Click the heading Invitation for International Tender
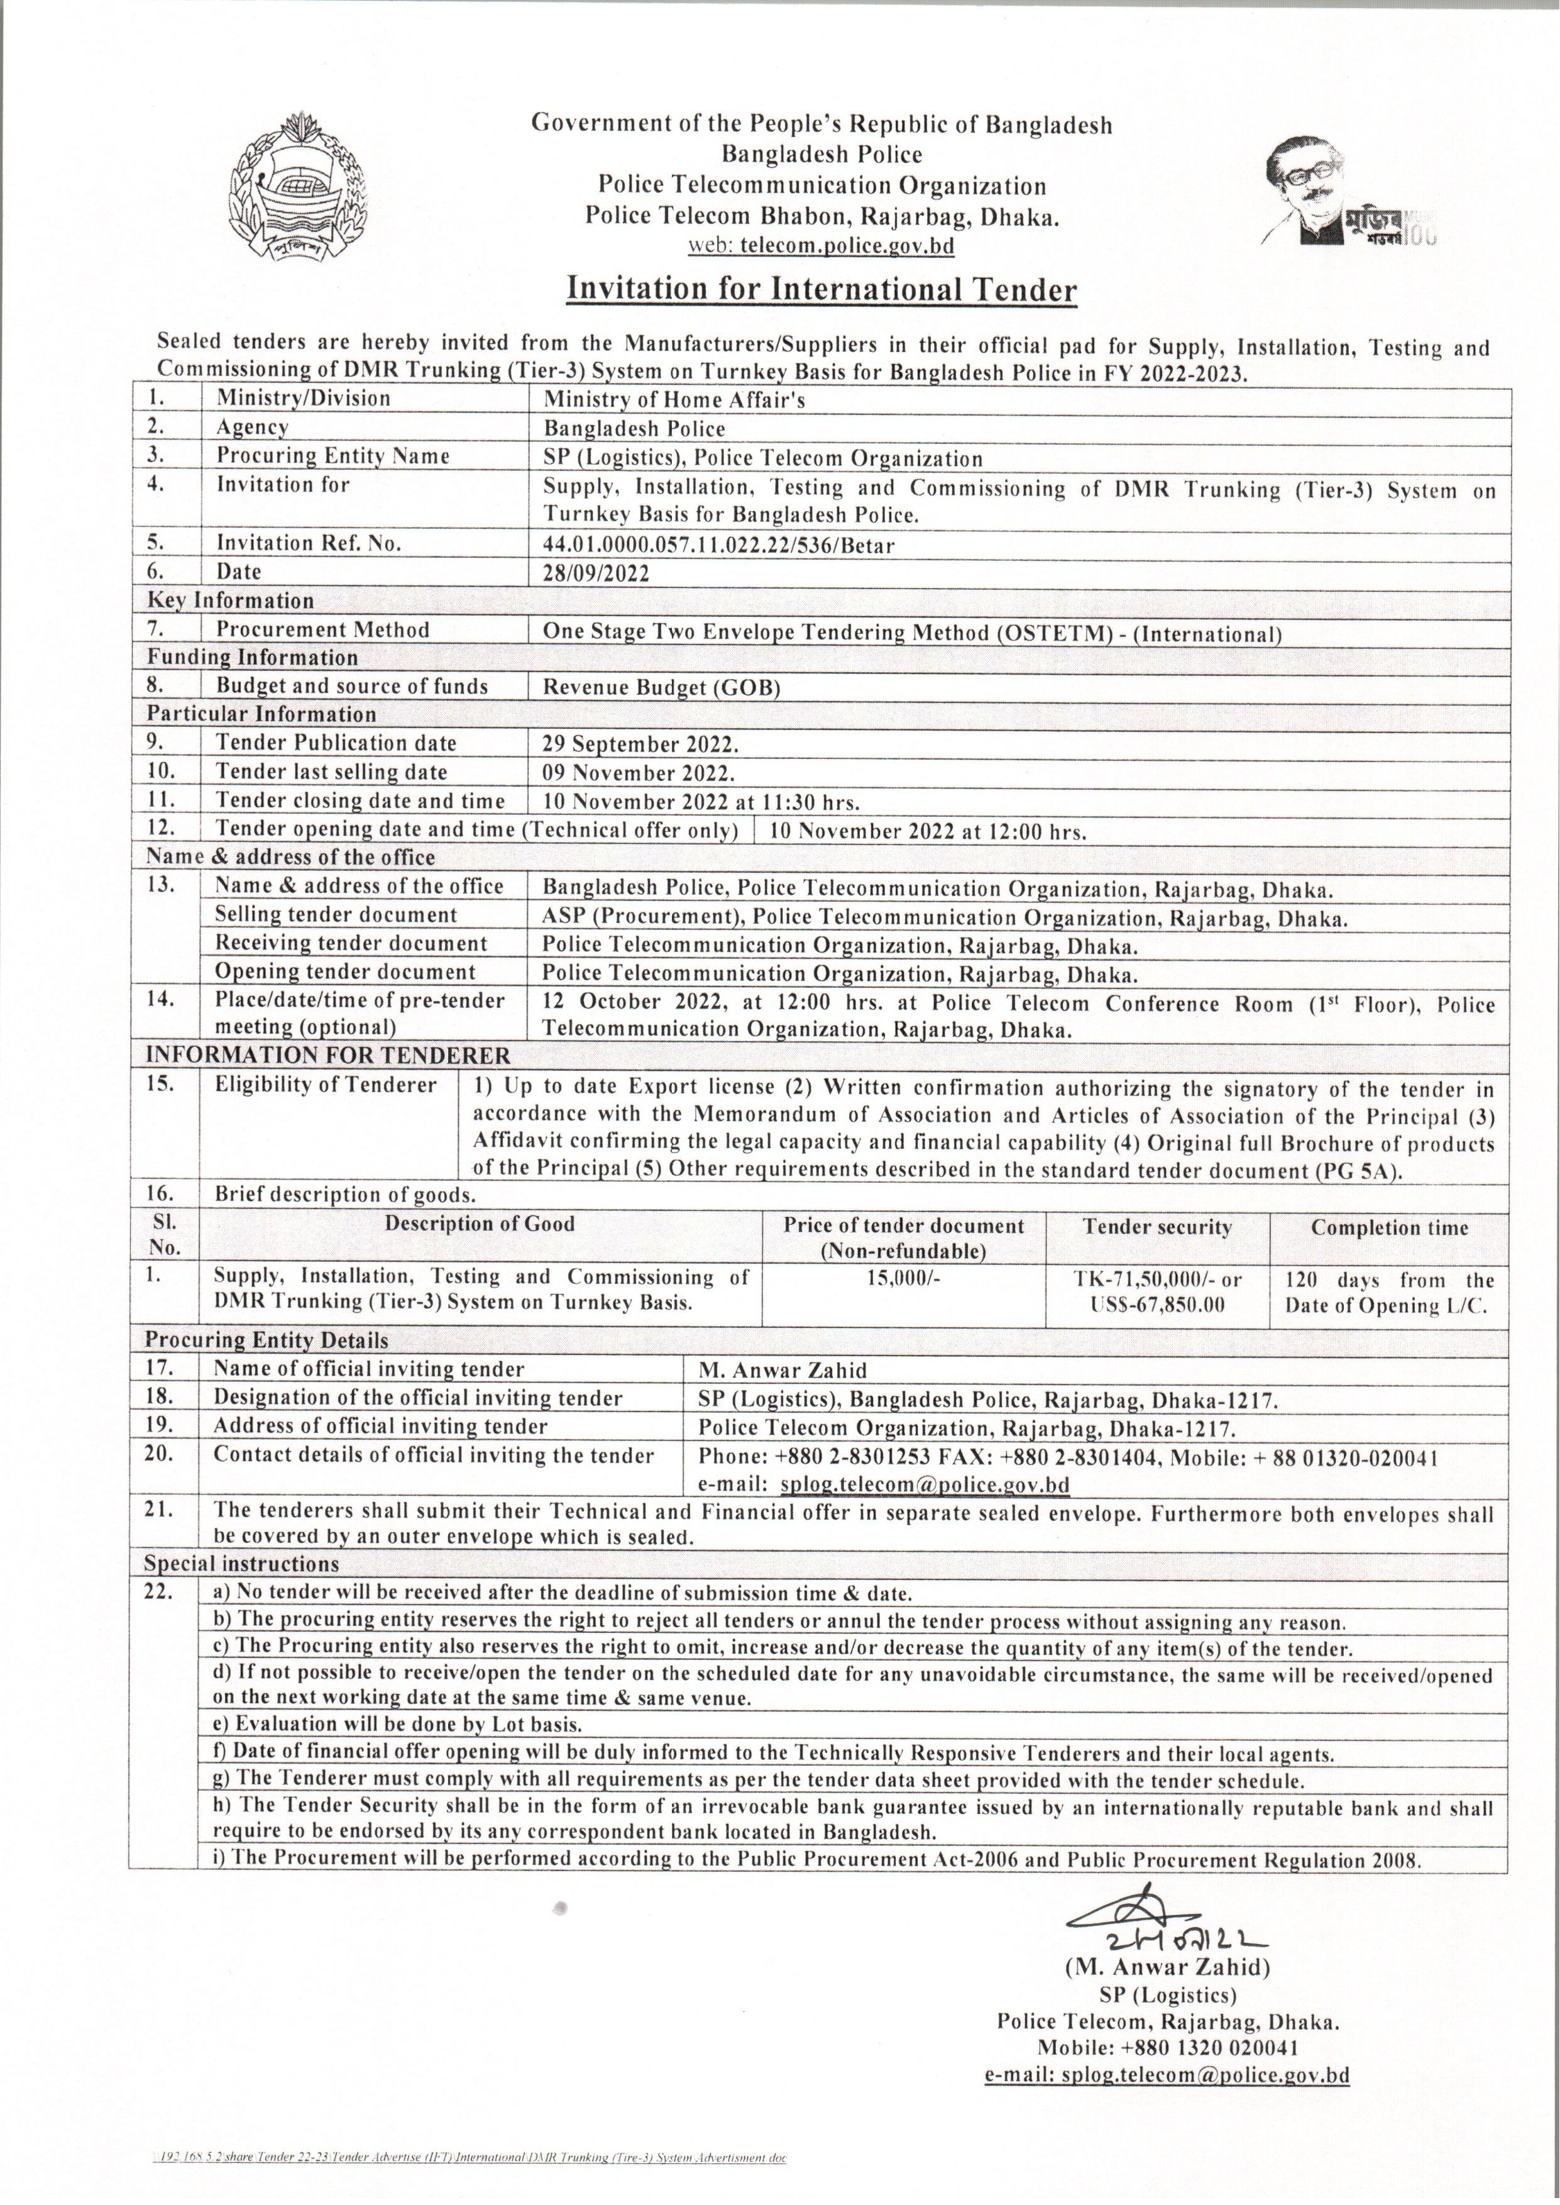[821, 290]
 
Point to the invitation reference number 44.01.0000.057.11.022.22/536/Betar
[718, 546]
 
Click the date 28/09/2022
[596, 573]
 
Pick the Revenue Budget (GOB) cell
[662, 687]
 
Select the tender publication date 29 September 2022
[640, 744]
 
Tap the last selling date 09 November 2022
[639, 773]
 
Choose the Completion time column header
[1389, 1228]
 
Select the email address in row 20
[924, 1484]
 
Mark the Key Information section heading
[231, 602]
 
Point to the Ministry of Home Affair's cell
[674, 400]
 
